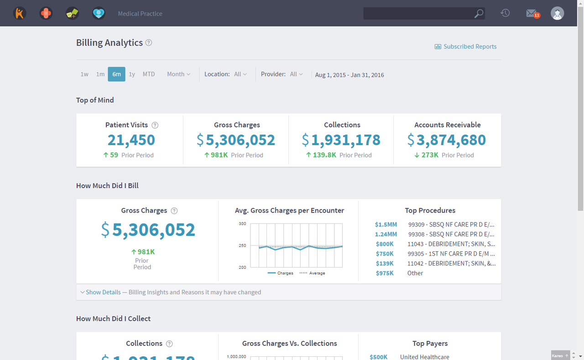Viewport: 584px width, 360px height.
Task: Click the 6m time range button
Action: (x=116, y=74)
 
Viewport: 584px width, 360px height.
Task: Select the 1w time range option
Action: (x=84, y=74)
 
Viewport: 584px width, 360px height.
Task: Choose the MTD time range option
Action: (x=149, y=74)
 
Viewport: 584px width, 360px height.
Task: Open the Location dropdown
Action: (x=240, y=74)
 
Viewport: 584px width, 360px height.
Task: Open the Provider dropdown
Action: (x=296, y=74)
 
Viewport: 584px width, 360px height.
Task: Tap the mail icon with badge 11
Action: (x=532, y=13)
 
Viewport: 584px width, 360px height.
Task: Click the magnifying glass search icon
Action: (x=479, y=14)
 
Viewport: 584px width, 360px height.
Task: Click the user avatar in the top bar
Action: (x=557, y=13)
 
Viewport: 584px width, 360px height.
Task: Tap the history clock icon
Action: (x=505, y=13)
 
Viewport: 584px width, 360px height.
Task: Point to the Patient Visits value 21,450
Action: (x=131, y=140)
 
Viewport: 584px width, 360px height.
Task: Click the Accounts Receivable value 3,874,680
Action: (x=451, y=140)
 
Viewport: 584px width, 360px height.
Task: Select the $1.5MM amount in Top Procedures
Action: (x=386, y=224)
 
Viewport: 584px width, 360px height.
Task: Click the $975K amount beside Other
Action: (x=385, y=273)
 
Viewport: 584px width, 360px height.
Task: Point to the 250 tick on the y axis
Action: (x=242, y=245)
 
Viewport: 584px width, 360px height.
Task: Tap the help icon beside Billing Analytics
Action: (x=149, y=43)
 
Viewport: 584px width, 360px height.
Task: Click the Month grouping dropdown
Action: (x=178, y=74)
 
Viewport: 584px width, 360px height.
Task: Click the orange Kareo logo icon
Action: (x=20, y=13)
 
